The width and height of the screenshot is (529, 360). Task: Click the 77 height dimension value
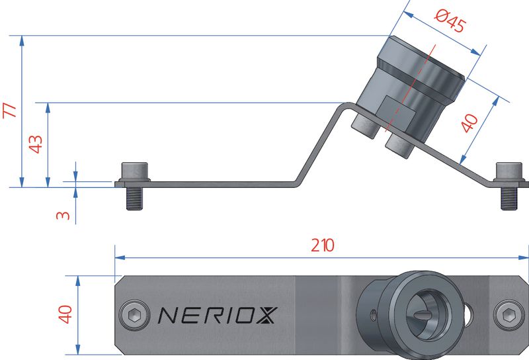(x=9, y=111)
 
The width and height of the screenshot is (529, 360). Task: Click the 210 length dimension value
(x=323, y=246)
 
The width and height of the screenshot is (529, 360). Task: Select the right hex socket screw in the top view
(x=507, y=314)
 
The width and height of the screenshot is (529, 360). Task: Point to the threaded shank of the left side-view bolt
(x=134, y=198)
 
